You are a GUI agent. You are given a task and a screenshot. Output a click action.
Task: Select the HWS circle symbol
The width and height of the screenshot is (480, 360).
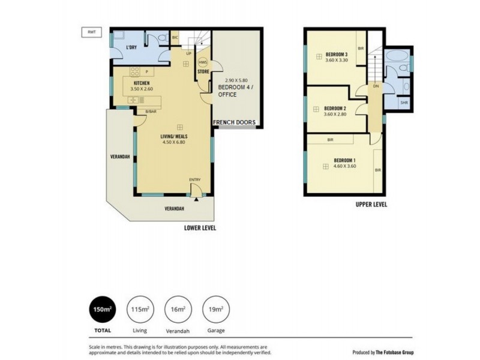pyautogui.click(x=203, y=62)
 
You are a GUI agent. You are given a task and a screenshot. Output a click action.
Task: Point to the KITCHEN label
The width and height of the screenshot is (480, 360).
pyautogui.click(x=142, y=83)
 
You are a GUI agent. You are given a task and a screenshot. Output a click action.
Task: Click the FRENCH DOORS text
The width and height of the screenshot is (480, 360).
pyautogui.click(x=235, y=122)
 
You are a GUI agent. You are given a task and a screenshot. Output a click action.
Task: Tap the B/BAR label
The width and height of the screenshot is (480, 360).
pyautogui.click(x=151, y=111)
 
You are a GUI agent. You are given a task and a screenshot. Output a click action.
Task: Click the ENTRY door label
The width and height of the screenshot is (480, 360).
pyautogui.click(x=194, y=180)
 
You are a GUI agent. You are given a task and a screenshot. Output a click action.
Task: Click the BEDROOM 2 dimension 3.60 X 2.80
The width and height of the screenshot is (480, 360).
pyautogui.click(x=335, y=115)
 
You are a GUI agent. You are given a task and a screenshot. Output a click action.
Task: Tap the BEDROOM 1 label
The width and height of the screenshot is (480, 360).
pyautogui.click(x=345, y=160)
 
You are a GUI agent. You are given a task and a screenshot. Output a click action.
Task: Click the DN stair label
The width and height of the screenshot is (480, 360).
pyautogui.click(x=376, y=86)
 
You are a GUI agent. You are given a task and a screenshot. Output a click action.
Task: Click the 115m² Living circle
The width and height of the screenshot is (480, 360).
pyautogui.click(x=140, y=310)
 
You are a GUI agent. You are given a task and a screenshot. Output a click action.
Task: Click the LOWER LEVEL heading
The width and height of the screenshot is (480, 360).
pyautogui.click(x=200, y=228)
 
